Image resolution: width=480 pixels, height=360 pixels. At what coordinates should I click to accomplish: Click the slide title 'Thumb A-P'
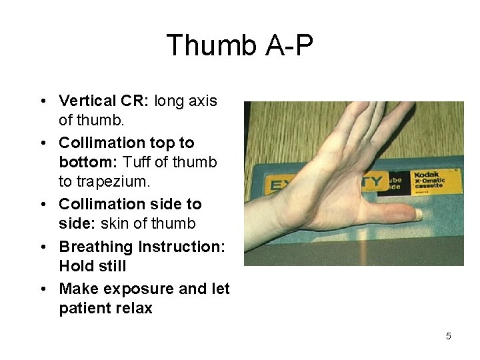(x=239, y=46)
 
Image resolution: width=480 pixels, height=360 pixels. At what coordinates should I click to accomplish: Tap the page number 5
(x=448, y=336)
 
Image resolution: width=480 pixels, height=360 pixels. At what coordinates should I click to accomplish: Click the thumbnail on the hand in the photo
(x=417, y=215)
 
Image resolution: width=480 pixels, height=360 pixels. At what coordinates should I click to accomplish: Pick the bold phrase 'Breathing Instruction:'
(x=142, y=247)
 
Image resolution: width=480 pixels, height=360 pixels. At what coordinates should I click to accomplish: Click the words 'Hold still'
(x=93, y=266)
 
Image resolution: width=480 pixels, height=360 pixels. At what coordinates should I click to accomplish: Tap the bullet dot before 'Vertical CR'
(x=42, y=101)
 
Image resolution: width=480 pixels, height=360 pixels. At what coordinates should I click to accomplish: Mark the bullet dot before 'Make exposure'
(x=42, y=289)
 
